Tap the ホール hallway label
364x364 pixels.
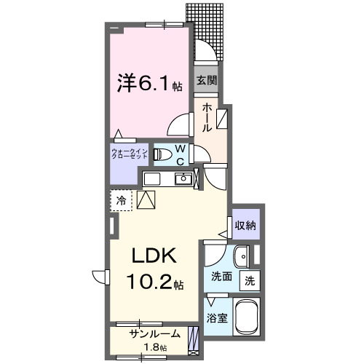point(207,116)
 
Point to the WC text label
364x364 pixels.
point(181,155)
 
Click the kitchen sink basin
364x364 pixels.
point(185,179)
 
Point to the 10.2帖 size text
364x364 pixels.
point(154,281)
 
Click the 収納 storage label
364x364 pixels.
point(245,225)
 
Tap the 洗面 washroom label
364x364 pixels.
point(221,277)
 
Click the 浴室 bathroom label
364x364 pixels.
point(215,317)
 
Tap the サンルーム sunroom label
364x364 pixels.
point(149,334)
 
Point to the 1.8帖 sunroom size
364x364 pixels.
point(154,348)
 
